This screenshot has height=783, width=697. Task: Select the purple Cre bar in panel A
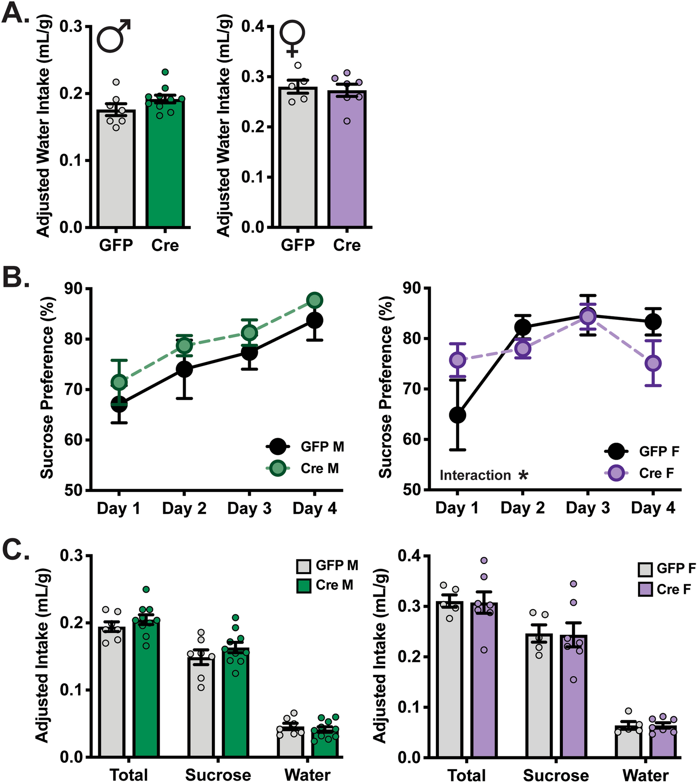click(347, 165)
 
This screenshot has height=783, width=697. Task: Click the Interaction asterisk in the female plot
click(523, 476)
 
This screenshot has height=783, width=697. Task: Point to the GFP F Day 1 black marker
click(457, 415)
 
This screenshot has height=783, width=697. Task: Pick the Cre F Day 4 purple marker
click(653, 363)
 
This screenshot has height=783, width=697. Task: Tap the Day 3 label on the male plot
click(249, 509)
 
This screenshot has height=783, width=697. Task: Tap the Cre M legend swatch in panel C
click(304, 586)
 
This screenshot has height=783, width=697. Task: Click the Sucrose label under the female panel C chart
click(556, 775)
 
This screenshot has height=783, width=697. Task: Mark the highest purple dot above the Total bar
click(484, 560)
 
